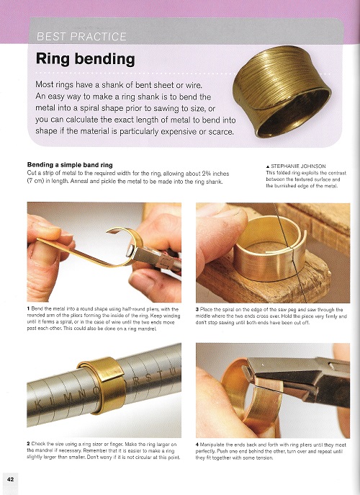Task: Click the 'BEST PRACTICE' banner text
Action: (x=81, y=37)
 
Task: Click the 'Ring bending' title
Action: (x=86, y=59)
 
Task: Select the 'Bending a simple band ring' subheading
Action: (x=70, y=165)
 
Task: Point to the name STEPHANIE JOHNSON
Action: (x=298, y=166)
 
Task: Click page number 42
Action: (x=10, y=479)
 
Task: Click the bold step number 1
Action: (x=28, y=308)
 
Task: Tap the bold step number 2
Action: (x=28, y=444)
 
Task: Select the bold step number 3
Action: (x=197, y=309)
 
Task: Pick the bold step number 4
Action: (x=197, y=445)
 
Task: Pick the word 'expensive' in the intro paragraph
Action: (x=179, y=131)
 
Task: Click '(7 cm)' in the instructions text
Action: (x=36, y=182)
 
